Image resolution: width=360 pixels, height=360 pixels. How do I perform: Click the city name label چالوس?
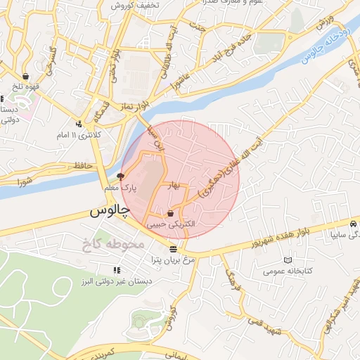click(x=110, y=210)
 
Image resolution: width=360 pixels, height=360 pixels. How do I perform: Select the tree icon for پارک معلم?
click(x=120, y=177)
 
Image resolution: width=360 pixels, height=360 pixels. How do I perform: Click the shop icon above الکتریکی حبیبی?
click(x=171, y=213)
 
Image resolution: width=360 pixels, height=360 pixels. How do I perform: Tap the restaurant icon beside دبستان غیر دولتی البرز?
click(x=116, y=270)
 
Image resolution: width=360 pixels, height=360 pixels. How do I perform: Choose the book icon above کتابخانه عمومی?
click(x=287, y=259)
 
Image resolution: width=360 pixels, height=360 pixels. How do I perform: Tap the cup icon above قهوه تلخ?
click(x=26, y=76)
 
